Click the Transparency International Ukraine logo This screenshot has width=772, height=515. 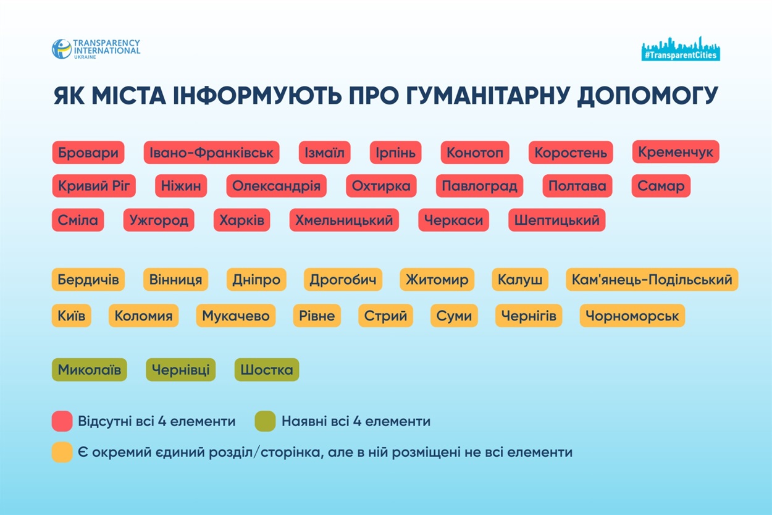96,49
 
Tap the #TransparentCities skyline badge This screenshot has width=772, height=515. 681,49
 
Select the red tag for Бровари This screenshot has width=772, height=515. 88,153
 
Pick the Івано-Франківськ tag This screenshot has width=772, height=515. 211,153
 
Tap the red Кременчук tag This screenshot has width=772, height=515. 676,152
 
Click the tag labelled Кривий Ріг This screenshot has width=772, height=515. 94,186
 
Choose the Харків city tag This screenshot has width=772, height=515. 241,220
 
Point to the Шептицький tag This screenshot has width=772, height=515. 556,220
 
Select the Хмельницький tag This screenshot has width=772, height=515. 344,220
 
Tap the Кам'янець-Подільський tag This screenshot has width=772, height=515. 652,280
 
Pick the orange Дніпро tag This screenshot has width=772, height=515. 256,280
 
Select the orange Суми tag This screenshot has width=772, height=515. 454,316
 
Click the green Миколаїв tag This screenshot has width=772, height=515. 90,370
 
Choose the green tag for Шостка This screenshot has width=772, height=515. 267,370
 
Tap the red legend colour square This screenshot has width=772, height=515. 62,422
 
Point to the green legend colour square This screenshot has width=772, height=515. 265,422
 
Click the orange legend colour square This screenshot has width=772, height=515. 62,452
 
